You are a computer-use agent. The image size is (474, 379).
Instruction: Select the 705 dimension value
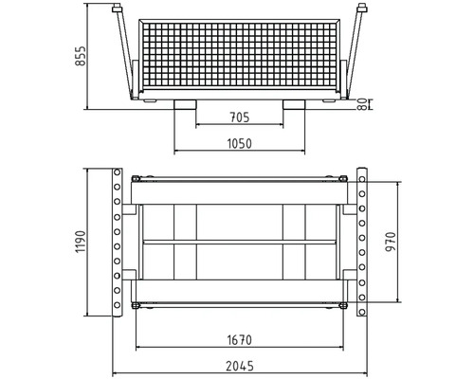coord(241,117)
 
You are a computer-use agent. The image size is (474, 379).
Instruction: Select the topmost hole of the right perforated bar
coord(364,175)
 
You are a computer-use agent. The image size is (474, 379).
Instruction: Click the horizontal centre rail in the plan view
coord(241,243)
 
